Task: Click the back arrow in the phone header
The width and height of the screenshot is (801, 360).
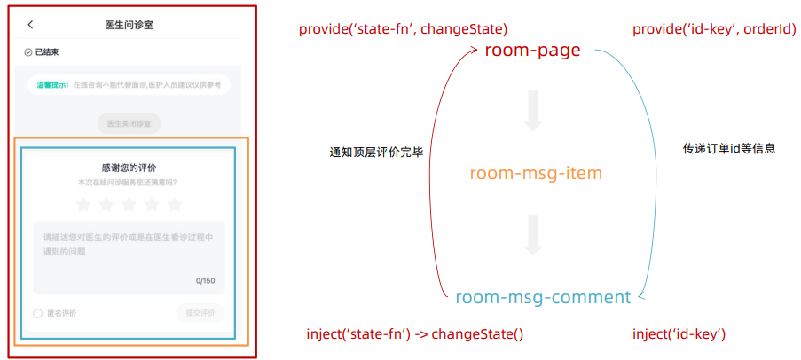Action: pos(31,25)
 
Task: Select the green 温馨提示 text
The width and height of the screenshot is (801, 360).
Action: pos(53,85)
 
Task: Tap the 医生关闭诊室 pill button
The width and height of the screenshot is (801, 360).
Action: pos(130,123)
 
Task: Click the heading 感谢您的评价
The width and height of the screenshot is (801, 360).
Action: pos(130,167)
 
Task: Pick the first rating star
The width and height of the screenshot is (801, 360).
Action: pos(83,205)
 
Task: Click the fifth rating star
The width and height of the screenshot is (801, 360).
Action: pos(175,205)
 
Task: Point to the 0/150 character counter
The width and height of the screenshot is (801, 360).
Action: pos(206,280)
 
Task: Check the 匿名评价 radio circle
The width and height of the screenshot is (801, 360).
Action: pos(38,313)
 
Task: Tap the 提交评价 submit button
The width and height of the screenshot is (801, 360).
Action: pos(200,312)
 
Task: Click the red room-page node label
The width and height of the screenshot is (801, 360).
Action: pos(532,51)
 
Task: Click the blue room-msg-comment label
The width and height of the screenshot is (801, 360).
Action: pos(543,297)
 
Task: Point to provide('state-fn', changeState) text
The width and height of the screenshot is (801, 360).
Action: pos(404,30)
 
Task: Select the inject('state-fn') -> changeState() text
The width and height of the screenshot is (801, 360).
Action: pos(414,334)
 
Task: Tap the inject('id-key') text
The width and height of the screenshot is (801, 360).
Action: pos(679,334)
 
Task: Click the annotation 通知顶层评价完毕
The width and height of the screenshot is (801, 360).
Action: pos(376,153)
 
